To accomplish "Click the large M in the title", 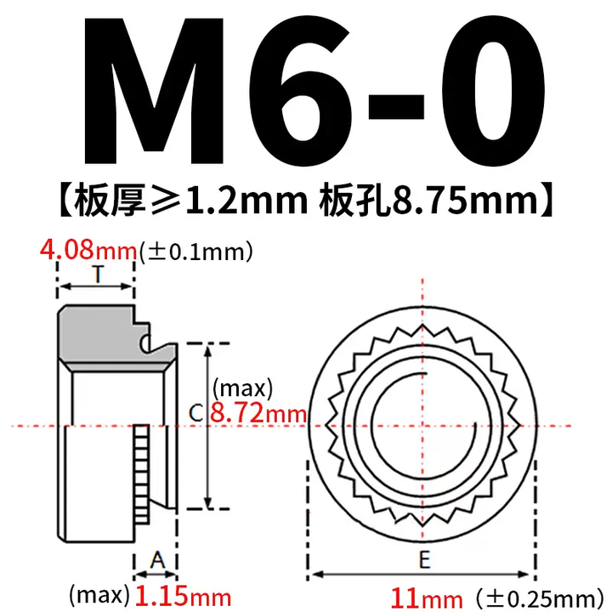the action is point(155,91).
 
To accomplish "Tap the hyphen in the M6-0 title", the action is point(396,106).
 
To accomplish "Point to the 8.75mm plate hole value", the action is point(465,201).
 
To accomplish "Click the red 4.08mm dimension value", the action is point(88,250).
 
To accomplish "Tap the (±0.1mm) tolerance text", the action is point(196,252).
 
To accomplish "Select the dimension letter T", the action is point(98,274).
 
